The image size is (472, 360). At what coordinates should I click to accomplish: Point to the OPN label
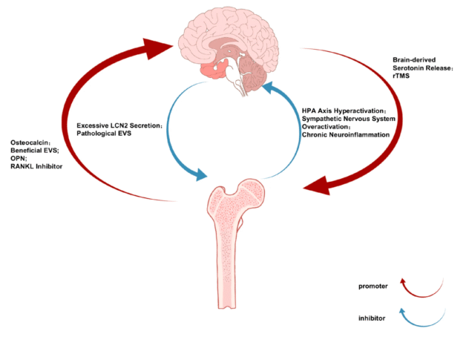click(18, 159)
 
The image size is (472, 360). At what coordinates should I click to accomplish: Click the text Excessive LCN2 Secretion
click(119, 125)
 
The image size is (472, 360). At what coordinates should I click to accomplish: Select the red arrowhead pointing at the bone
click(319, 186)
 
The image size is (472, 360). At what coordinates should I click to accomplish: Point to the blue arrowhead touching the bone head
click(200, 175)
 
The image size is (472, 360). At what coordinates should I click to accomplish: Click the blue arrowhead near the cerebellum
click(268, 91)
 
